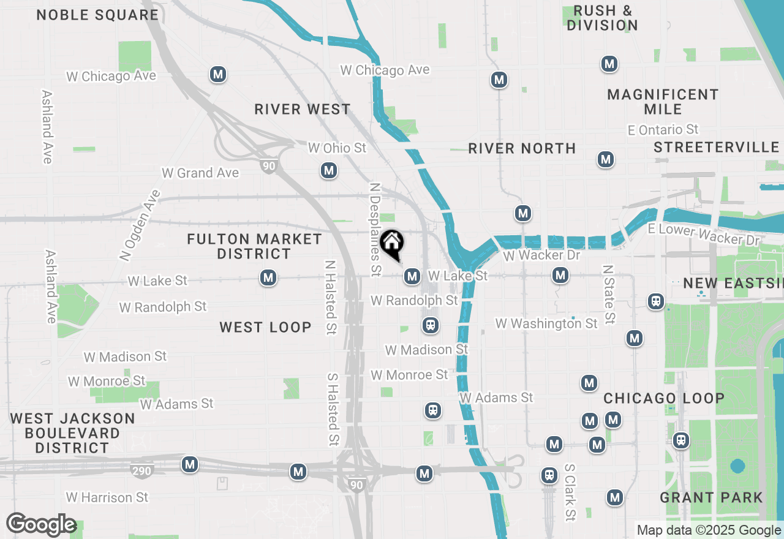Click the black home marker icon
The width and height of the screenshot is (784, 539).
[x=392, y=244]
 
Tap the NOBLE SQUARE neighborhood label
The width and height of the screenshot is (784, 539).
[x=97, y=15]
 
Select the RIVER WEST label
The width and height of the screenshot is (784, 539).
[x=303, y=110]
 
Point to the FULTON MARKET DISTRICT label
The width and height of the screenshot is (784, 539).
[x=254, y=246]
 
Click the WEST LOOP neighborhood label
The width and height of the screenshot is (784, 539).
[x=266, y=328]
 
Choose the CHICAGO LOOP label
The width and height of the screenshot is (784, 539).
[x=664, y=399]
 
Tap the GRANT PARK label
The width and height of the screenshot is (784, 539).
[x=711, y=497]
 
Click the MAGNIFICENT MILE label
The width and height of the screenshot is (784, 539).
[x=663, y=102]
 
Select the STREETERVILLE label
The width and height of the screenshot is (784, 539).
[x=716, y=148]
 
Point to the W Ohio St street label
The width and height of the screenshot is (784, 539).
[x=337, y=148]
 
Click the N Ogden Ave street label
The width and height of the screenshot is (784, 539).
[x=140, y=225]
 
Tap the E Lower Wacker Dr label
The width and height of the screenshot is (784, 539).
[x=704, y=235]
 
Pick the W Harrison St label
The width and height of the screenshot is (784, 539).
[x=107, y=497]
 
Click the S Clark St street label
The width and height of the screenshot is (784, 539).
[x=570, y=491]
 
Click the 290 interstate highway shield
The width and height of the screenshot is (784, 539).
[x=141, y=471]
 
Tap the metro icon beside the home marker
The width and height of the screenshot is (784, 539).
[x=412, y=276]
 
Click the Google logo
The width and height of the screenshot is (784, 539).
[x=41, y=525]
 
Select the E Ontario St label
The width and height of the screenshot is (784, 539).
[x=663, y=130]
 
